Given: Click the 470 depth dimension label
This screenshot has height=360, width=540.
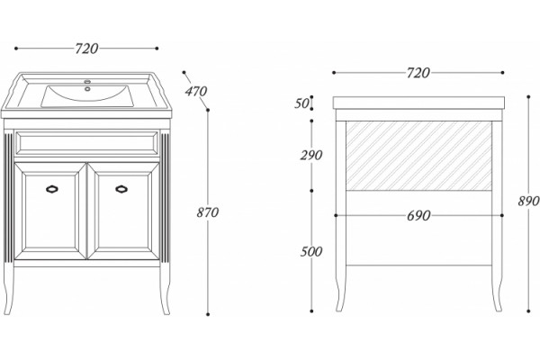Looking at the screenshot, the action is [x=196, y=92].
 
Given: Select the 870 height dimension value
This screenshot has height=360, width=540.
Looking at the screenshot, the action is [x=208, y=212].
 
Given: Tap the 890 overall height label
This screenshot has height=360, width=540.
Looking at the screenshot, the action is [x=528, y=201].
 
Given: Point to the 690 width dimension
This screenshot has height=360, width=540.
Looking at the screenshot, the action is [x=418, y=216].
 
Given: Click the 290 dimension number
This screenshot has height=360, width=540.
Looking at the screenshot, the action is [x=311, y=156].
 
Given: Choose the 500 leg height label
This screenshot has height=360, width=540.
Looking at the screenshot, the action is [x=311, y=252].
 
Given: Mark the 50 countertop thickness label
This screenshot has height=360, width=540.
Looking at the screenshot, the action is [x=301, y=103].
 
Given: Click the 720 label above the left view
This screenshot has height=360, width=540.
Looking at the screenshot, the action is [x=86, y=49].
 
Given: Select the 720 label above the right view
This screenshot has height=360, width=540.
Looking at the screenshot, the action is [x=418, y=73].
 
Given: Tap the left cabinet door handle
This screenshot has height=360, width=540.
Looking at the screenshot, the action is [x=52, y=189].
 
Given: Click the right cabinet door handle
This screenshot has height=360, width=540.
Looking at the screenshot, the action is [x=121, y=189].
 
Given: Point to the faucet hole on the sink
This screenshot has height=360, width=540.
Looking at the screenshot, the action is [x=86, y=82].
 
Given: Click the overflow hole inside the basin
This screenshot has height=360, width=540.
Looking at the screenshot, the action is [x=87, y=89].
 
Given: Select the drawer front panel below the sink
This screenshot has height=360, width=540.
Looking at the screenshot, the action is [x=86, y=142].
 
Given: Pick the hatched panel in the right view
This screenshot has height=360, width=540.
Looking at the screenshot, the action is [x=418, y=156].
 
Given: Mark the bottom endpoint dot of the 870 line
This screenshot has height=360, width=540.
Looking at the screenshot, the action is [x=208, y=314].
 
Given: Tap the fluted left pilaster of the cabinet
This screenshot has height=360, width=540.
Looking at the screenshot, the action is [x=9, y=197].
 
